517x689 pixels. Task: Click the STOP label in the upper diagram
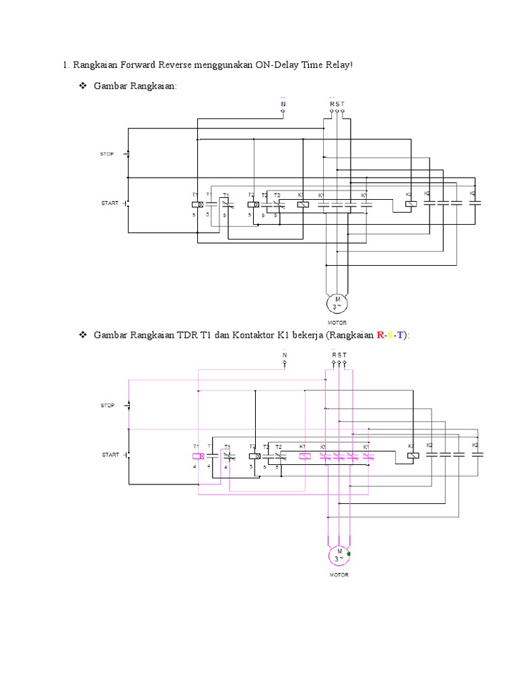click(x=108, y=154)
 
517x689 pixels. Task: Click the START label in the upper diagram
click(x=110, y=203)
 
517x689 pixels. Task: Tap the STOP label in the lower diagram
click(x=108, y=406)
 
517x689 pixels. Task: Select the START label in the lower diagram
click(x=110, y=455)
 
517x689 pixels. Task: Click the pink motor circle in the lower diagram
click(x=338, y=555)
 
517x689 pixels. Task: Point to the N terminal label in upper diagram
click(x=283, y=104)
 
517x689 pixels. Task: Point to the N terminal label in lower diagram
click(x=284, y=355)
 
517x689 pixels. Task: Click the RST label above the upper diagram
click(x=337, y=104)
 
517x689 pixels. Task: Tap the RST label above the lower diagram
click(x=339, y=355)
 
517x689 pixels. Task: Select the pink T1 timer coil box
click(x=197, y=456)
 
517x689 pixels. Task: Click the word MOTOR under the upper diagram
click(x=337, y=322)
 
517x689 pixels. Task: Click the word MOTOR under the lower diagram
click(x=339, y=575)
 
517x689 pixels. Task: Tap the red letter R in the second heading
click(x=382, y=335)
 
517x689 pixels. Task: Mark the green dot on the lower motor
click(x=349, y=553)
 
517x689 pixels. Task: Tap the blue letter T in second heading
click(x=401, y=335)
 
